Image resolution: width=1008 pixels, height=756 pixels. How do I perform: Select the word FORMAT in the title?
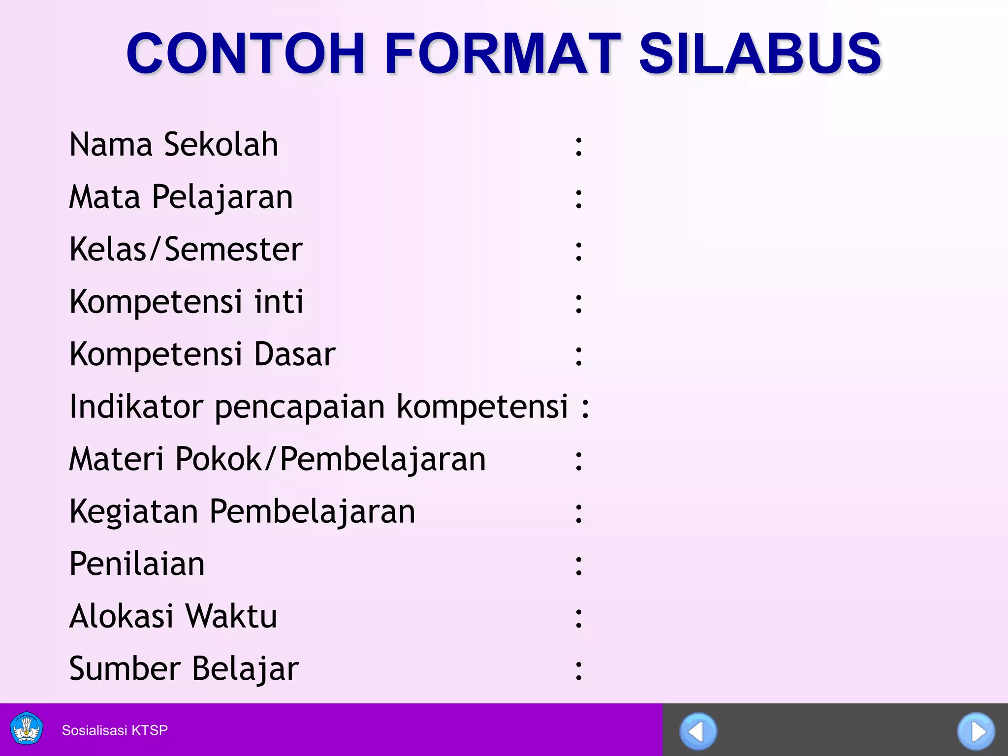[502, 53]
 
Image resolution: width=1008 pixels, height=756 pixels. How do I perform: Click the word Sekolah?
[221, 145]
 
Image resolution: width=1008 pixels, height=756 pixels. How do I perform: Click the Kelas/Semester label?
[186, 250]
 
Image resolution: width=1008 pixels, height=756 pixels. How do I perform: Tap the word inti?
[279, 302]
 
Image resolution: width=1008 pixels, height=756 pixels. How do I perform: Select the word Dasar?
[295, 354]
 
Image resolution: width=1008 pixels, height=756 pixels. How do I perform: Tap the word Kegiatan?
[133, 512]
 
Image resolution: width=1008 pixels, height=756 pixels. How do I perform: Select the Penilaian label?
[137, 564]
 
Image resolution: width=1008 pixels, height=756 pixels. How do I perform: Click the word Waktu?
[231, 616]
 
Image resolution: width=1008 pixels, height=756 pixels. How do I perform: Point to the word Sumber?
[125, 668]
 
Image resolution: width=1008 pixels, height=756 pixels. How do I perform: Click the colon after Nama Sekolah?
[579, 147]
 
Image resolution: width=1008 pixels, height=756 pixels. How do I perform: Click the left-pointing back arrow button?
[698, 731]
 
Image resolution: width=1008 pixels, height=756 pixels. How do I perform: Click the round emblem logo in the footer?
[27, 729]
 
